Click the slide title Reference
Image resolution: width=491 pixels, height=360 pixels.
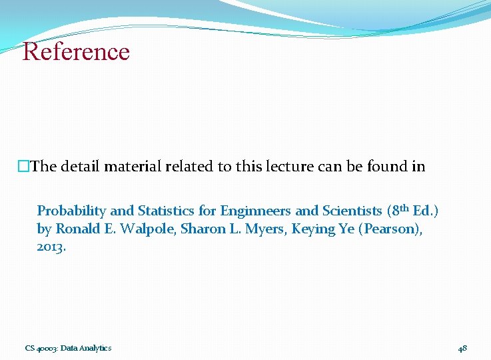tap(76, 51)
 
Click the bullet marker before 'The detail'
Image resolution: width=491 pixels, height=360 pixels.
tap(24, 167)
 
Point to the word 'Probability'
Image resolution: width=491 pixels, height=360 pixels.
tap(71, 211)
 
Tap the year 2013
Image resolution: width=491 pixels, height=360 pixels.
tap(51, 247)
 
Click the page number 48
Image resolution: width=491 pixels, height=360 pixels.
tap(462, 348)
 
